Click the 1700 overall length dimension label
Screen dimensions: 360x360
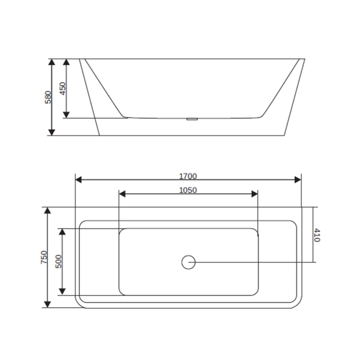tap(188, 176)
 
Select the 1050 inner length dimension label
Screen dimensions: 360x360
tap(188, 190)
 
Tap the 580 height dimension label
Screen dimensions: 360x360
tap(48, 97)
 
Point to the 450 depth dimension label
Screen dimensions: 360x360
tap(62, 88)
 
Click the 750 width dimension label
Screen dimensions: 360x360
tap(44, 257)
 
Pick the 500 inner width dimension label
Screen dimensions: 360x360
tap(59, 261)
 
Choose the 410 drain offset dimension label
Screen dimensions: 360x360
tap(317, 235)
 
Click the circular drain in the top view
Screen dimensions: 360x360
tap(188, 262)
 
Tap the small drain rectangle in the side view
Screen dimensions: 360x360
tap(192, 119)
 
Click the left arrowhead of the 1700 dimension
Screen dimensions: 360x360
tap(79, 180)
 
